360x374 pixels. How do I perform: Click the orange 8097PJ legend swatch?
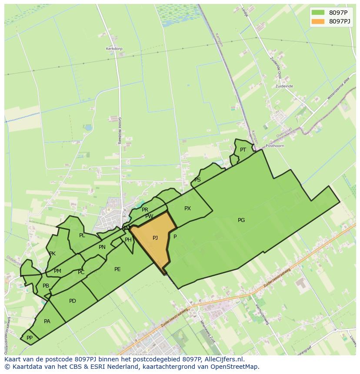tap(318, 21)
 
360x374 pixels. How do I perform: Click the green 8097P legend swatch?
tap(318, 12)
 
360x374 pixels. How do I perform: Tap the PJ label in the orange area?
tap(155, 238)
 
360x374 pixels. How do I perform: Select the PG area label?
tap(241, 220)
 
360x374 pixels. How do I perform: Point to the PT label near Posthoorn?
tap(243, 150)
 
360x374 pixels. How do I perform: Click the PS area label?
tap(197, 180)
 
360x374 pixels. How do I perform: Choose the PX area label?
tap(187, 209)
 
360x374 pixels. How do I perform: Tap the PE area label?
tap(117, 269)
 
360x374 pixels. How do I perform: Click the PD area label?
tap(73, 301)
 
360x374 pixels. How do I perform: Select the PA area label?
tap(47, 321)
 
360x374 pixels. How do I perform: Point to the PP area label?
tap(30, 338)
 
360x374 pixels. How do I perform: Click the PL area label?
tap(82, 235)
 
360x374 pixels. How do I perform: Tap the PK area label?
tap(52, 254)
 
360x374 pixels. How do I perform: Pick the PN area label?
tap(102, 247)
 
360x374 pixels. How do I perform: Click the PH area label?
tap(128, 240)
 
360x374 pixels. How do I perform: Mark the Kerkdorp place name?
tap(114, 49)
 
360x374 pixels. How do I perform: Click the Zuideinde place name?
tap(284, 86)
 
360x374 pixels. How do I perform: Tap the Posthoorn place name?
tap(275, 146)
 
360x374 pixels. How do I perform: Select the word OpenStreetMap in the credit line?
tap(235, 367)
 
